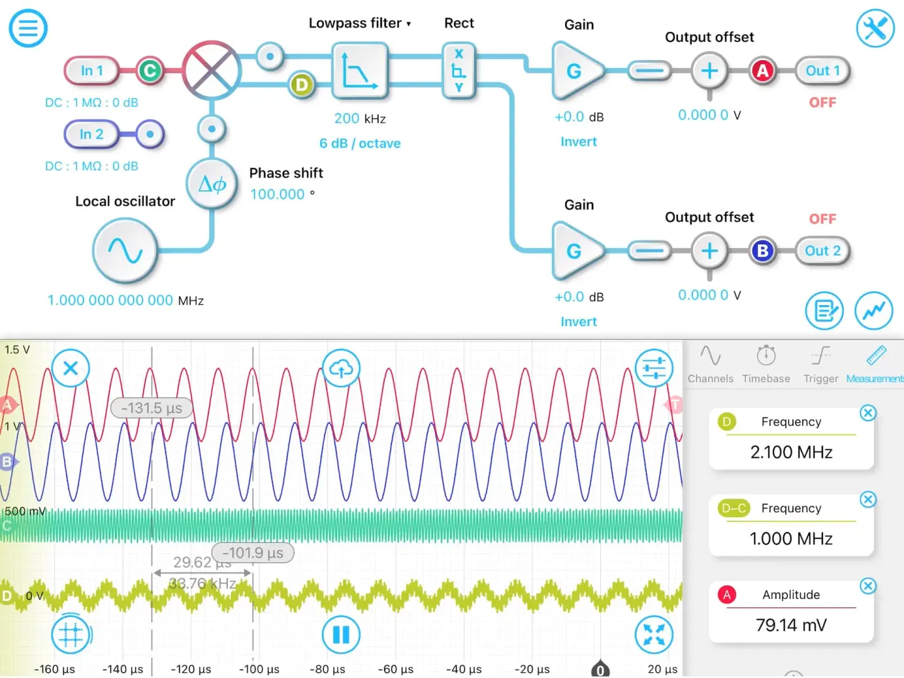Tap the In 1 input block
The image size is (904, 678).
point(92,71)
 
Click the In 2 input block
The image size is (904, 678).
point(92,134)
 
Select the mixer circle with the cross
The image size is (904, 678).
point(212,70)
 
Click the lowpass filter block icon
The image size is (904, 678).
point(360,70)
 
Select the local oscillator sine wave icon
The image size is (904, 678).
point(125,250)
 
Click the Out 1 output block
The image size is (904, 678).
point(822,71)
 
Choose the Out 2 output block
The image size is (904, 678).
point(822,251)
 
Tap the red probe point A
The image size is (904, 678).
point(762,71)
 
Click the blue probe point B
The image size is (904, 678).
point(762,251)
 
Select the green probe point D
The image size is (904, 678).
point(302,85)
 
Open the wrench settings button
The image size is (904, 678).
point(875,28)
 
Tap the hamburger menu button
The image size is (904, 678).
point(28,28)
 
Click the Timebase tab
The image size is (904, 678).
point(766,364)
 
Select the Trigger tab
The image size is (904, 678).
point(821,364)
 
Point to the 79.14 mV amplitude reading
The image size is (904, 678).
point(791,625)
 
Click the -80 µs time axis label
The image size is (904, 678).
point(327,669)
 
